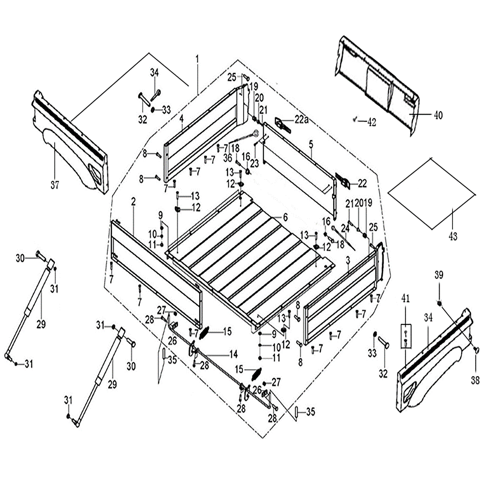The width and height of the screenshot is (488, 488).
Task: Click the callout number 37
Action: tap(55, 185)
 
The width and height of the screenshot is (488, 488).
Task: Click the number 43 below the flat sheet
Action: tap(453, 237)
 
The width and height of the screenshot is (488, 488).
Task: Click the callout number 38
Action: tap(475, 380)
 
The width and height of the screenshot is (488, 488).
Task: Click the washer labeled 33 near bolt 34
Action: tap(153, 110)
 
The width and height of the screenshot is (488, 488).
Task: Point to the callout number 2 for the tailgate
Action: tap(133, 202)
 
